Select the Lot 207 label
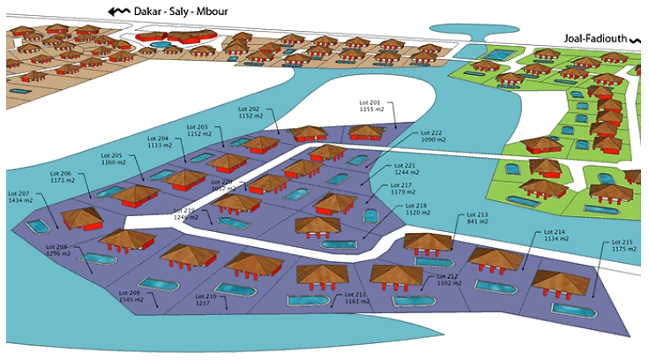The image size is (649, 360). [19, 197]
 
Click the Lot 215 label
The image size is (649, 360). [623, 246]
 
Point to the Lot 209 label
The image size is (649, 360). [130, 296]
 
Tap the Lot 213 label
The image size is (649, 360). [476, 218]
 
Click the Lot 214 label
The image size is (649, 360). [556, 236]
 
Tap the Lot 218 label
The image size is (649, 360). [403, 209]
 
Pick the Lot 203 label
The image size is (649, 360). [198, 131]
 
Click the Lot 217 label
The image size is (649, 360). [403, 189]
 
